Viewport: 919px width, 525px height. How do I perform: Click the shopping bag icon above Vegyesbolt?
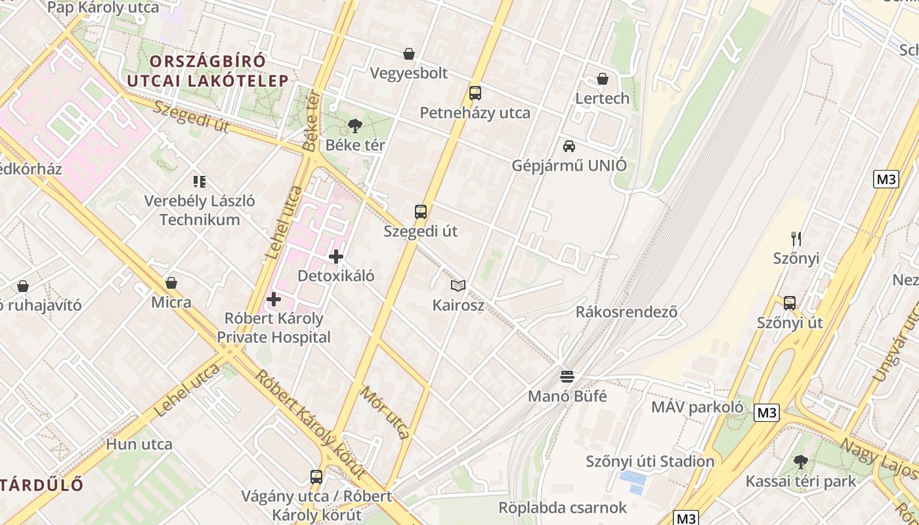click(409, 54)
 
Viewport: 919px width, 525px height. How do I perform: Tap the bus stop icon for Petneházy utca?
click(475, 93)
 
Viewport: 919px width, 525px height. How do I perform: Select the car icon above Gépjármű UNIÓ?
click(569, 146)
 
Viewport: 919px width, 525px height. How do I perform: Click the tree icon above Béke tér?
click(355, 125)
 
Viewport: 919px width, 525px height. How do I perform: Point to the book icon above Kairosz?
click(458, 285)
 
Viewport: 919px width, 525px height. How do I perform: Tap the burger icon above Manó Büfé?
click(567, 377)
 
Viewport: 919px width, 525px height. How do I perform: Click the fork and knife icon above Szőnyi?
click(796, 238)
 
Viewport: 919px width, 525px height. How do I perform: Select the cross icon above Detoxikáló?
click(336, 257)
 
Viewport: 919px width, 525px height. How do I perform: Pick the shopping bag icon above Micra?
click(171, 283)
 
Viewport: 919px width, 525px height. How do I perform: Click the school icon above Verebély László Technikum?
click(200, 181)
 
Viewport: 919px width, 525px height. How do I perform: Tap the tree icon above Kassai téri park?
click(800, 461)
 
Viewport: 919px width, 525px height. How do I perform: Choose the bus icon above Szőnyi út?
click(790, 303)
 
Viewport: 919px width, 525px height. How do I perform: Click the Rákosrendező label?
click(626, 312)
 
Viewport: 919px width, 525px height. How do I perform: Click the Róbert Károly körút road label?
click(310, 423)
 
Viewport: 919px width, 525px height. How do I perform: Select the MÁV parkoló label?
click(697, 407)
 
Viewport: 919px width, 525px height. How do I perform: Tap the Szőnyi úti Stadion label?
click(650, 461)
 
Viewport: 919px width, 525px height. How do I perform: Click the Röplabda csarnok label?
click(563, 507)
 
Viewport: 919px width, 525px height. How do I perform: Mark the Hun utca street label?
click(140, 444)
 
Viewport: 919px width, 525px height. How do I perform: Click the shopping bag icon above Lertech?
click(603, 79)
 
